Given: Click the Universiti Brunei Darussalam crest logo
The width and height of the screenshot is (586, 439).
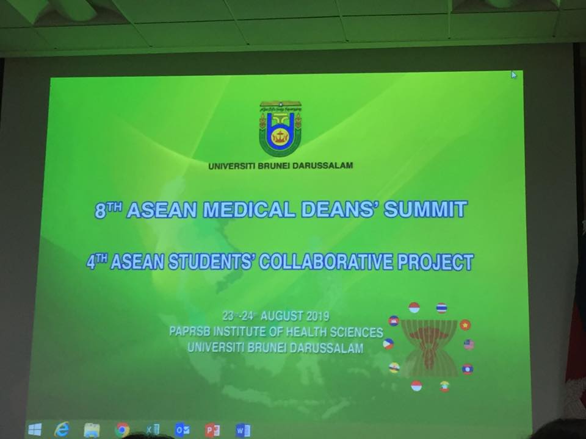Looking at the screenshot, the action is (280, 129).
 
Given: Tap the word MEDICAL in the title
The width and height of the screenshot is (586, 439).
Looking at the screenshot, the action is (250, 210).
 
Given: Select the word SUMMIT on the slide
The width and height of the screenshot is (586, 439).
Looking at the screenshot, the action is (425, 209).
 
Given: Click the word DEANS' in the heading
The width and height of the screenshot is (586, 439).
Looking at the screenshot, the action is (340, 209).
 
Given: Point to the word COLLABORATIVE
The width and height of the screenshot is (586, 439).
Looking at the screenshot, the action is (326, 262).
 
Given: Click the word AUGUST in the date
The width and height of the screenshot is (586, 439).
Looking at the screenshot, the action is (281, 316).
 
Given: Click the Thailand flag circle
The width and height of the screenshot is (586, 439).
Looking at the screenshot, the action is (441, 308).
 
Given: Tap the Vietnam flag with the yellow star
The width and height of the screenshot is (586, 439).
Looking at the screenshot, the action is (465, 325).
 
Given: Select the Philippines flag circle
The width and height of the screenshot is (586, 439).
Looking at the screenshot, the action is (388, 344).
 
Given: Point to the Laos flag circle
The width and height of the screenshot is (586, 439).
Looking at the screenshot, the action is (467, 369).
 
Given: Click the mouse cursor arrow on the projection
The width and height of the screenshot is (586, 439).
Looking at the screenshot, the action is (514, 74).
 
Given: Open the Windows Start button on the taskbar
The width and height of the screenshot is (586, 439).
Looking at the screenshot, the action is (35, 429).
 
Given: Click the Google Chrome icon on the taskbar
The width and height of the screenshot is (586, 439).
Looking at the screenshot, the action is (122, 430).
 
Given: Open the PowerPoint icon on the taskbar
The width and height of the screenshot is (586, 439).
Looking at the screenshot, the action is (212, 430).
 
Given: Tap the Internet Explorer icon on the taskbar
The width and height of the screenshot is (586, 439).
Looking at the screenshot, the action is (62, 429).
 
